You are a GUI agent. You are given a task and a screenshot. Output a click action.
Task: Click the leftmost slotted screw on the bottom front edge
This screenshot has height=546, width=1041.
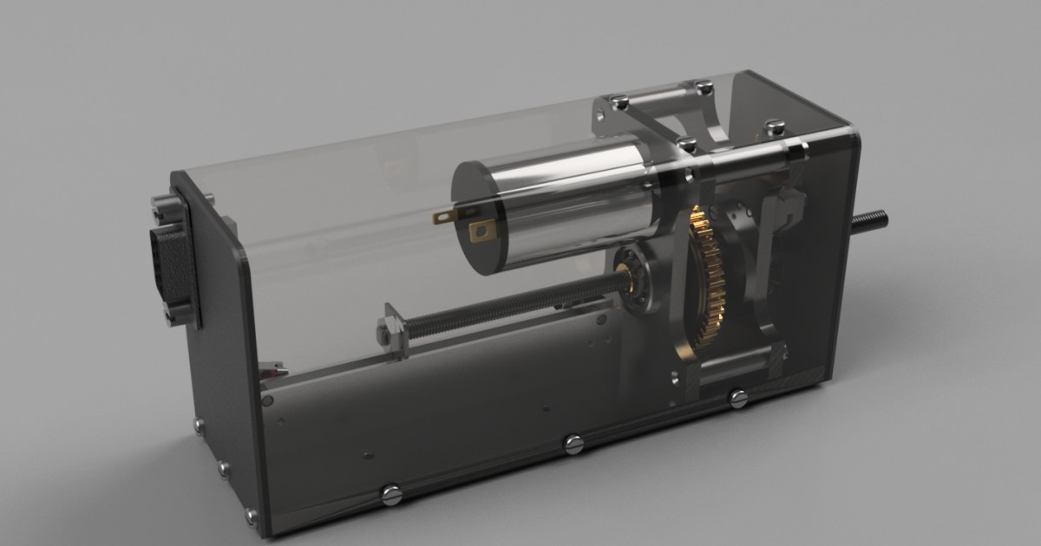(388, 495)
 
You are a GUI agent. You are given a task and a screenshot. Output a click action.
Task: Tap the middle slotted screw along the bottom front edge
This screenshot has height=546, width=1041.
(573, 445)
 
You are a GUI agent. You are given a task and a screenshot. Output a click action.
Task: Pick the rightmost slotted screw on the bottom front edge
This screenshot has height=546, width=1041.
(737, 398)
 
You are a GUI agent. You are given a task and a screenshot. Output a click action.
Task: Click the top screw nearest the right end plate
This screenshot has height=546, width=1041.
(774, 127)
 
